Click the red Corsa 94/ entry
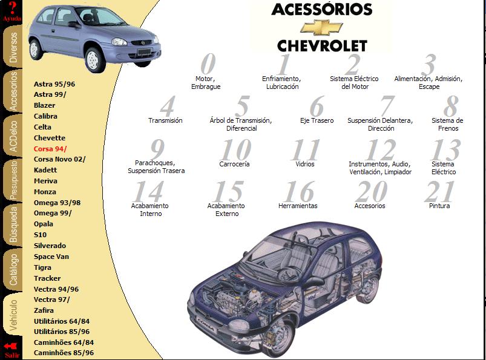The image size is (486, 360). (50, 149)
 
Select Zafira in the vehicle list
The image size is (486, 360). (44, 310)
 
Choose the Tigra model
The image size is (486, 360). (42, 267)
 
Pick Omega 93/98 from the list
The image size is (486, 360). (57, 203)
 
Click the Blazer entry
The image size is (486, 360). (44, 105)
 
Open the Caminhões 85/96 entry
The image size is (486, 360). (64, 353)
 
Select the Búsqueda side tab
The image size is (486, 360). (13, 225)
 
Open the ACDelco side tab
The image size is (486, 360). (13, 136)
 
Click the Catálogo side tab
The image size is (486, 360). (13, 269)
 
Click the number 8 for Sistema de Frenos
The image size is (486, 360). (451, 106)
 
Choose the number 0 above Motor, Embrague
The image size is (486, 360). (208, 64)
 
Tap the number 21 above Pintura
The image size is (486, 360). (440, 191)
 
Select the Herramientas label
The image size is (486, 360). (298, 206)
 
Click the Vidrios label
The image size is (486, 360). (305, 164)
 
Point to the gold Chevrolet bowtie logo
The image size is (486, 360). (322, 27)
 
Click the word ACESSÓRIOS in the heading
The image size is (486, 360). (322, 9)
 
